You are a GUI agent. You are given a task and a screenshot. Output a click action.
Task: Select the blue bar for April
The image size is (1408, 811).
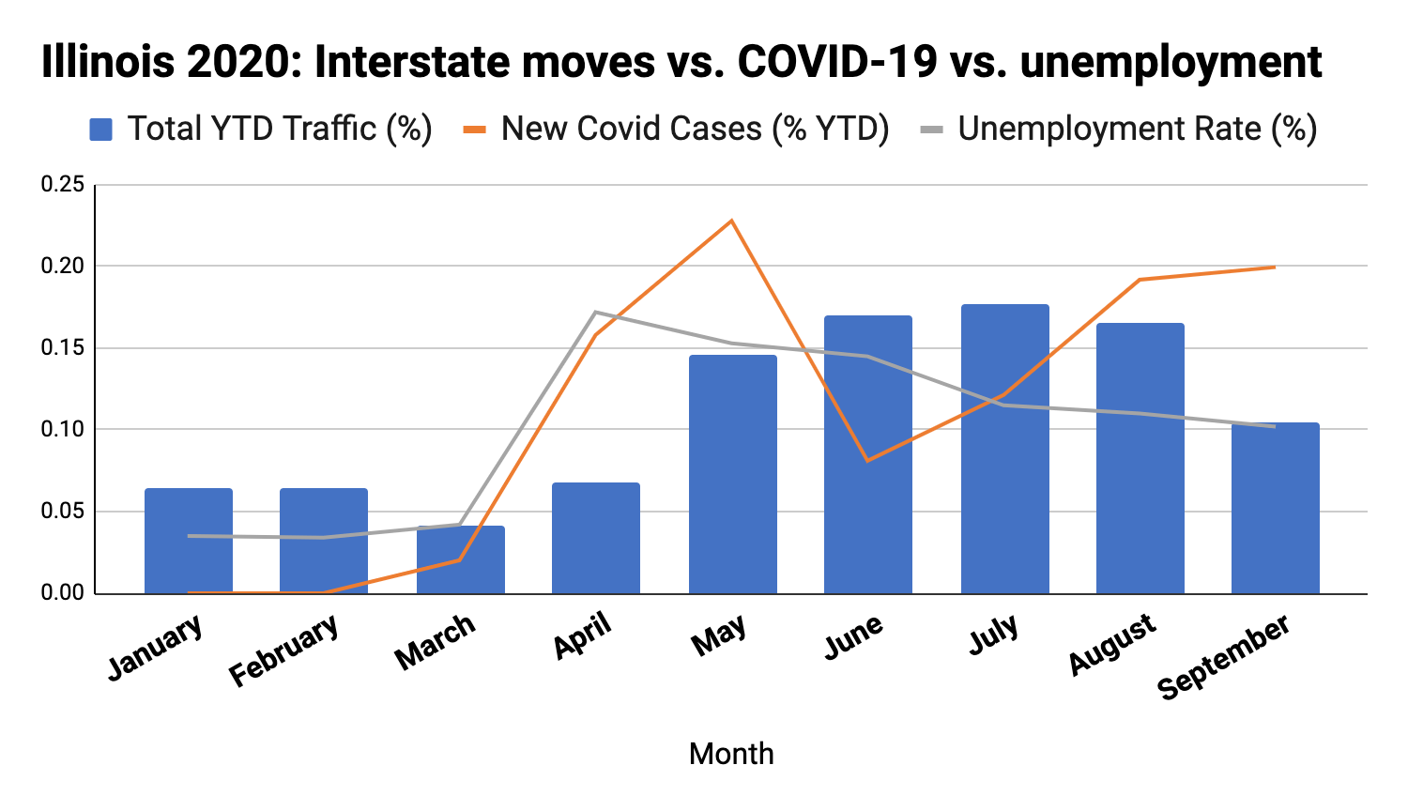coord(596,538)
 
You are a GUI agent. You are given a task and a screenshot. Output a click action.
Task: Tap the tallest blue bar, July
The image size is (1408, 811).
coord(1004,449)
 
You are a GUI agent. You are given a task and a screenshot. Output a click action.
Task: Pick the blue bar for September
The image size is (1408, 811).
coord(1275,508)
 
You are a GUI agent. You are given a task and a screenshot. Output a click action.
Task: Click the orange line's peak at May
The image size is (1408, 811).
coord(731,222)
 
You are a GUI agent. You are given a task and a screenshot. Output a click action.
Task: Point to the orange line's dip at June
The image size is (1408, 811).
coord(867,460)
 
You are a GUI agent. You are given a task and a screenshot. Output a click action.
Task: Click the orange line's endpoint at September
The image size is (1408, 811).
coord(1274,268)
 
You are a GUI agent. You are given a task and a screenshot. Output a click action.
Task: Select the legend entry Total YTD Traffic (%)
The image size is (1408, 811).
coord(261,129)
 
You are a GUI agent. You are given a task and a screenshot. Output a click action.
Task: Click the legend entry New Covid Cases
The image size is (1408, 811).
coord(677,129)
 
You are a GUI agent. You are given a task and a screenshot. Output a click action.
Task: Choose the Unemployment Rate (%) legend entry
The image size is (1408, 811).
coord(1119,129)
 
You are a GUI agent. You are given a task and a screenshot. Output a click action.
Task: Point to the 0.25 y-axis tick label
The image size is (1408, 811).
coord(63,185)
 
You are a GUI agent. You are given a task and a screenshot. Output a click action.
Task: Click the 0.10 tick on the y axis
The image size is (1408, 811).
coord(63,430)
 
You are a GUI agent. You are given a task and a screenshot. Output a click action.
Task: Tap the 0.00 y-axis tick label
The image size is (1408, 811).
coord(63,593)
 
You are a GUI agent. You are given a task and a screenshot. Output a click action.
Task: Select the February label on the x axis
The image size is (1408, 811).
coord(283,650)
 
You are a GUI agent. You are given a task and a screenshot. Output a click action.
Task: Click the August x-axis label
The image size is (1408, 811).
coord(1112,644)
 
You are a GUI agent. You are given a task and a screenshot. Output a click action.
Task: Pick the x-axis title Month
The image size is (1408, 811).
coord(731,754)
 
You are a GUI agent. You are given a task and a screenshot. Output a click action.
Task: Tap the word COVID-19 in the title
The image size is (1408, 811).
coord(837,63)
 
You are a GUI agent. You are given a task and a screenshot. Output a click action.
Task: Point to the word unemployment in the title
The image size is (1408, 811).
coord(1171,63)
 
